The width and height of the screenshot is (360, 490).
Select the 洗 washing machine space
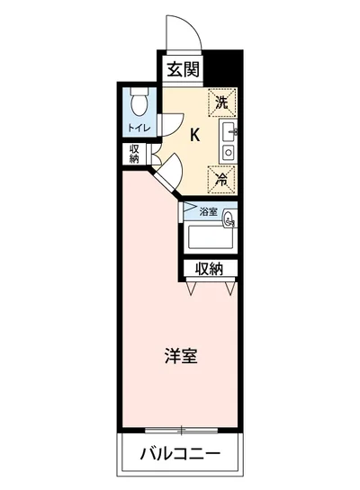coord(222,102)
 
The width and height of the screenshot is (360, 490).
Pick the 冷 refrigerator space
coord(222,178)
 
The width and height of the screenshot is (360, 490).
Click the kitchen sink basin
coord(229,134)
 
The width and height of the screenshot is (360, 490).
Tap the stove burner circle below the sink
coord(228,154)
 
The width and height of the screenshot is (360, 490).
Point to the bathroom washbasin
coord(229,216)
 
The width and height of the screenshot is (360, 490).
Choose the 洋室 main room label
coord(181,355)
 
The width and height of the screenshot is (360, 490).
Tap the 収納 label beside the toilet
coord(135,153)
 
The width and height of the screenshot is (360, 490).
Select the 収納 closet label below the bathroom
coord(211,269)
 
